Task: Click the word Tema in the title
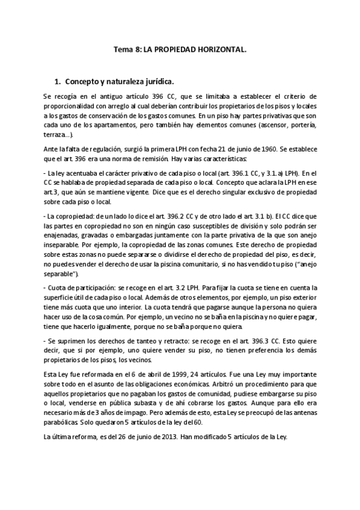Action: [124, 52]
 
